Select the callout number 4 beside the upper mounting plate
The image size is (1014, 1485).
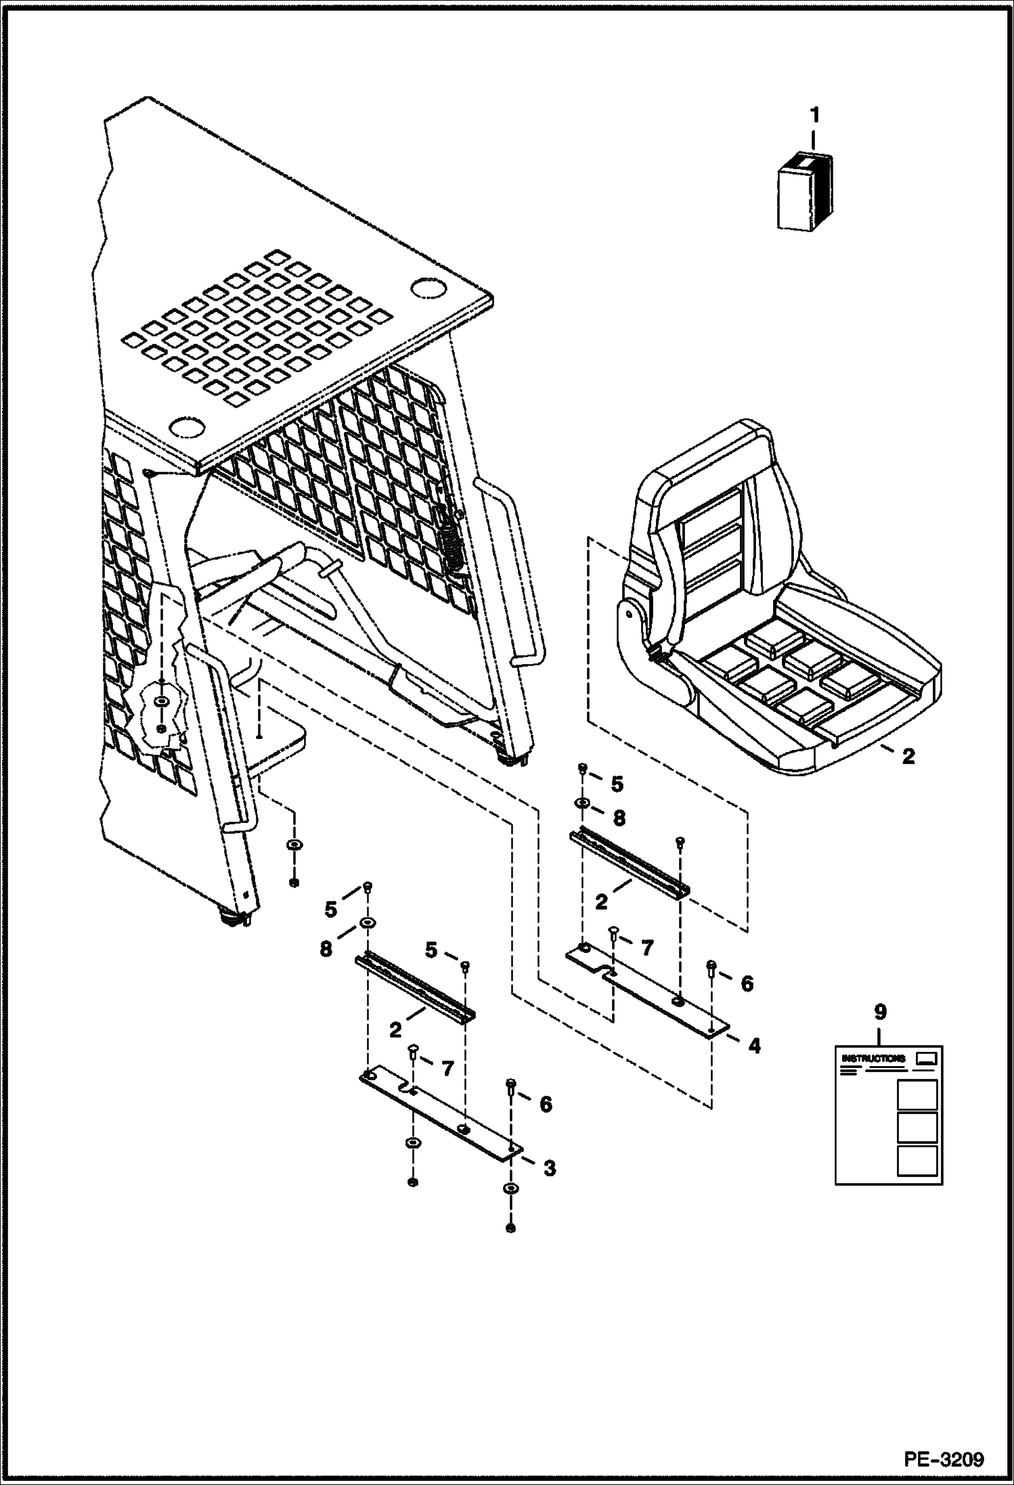754,1046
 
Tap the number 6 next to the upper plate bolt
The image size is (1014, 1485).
747,983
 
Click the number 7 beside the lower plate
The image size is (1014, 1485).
447,1069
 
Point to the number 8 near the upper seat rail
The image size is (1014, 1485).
619,818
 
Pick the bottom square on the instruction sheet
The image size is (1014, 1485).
917,1160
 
